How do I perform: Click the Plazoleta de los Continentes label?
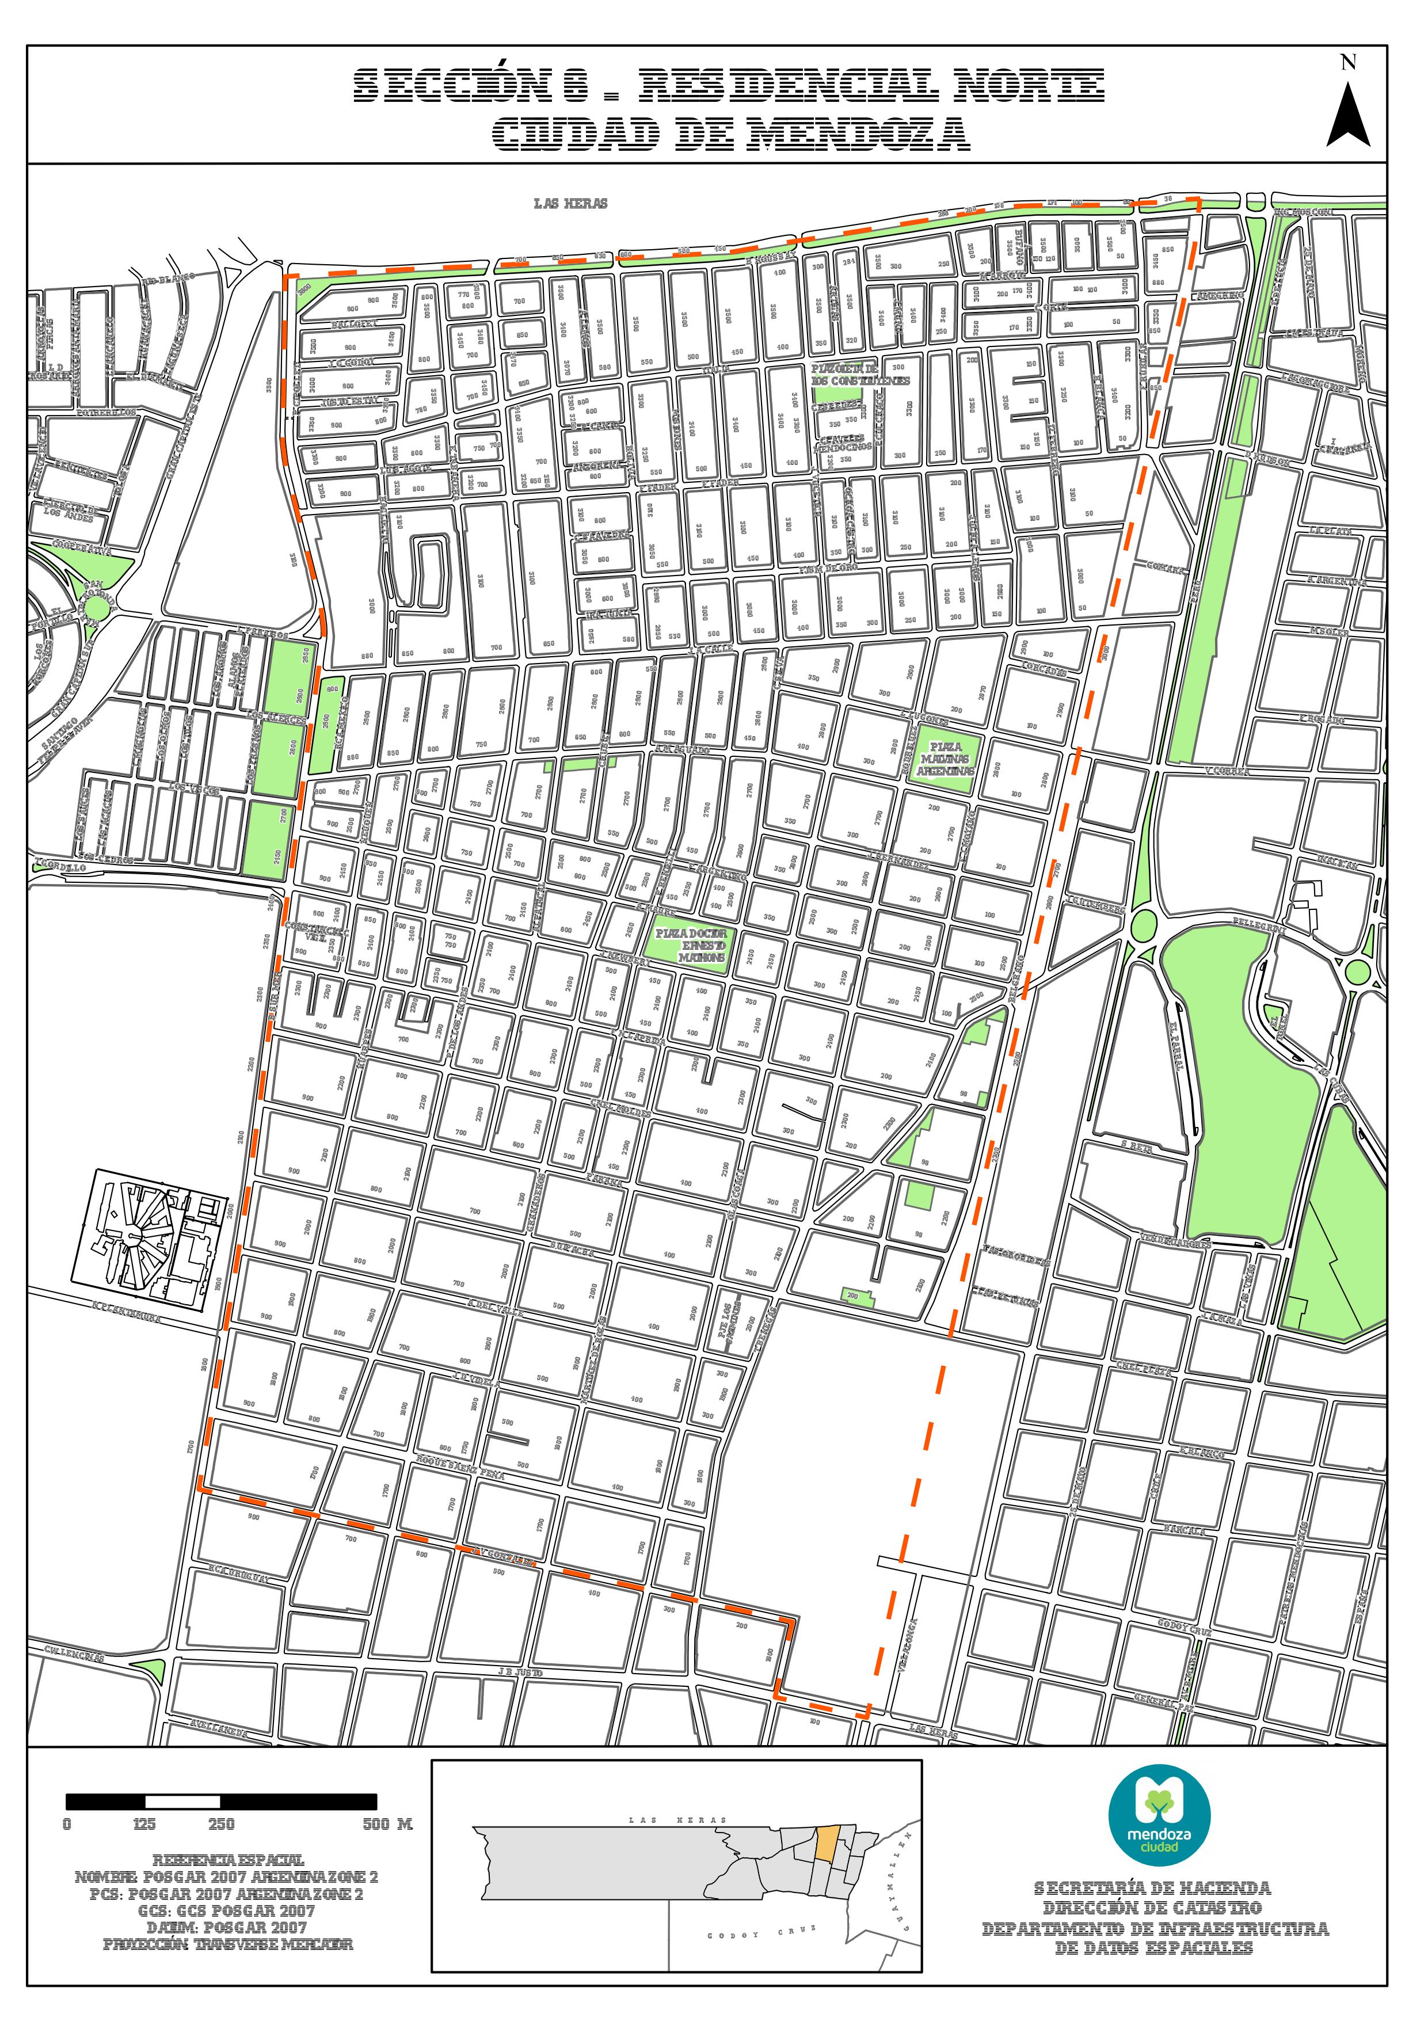860,375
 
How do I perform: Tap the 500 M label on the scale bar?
387,1824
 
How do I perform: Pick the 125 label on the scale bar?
144,1824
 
